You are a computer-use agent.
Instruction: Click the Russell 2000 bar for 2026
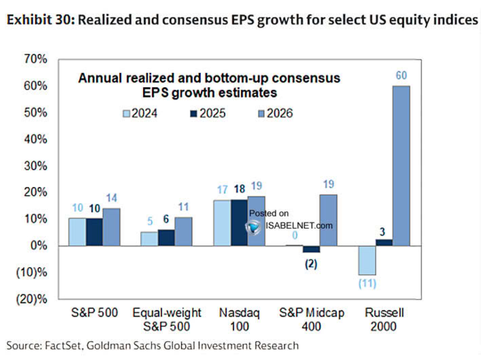tap(401, 166)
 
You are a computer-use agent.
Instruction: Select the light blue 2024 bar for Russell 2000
tap(367, 260)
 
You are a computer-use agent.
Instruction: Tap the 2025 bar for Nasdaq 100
tap(239, 223)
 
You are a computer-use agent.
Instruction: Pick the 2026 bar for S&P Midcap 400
tap(328, 220)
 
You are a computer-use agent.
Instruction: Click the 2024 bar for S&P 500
tap(78, 232)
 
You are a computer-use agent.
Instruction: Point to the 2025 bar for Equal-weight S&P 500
tap(166, 238)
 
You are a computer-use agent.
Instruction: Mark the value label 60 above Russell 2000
tap(401, 77)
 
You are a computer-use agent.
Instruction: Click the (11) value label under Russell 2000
tap(367, 283)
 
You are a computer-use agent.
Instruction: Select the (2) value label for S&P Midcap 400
tap(311, 263)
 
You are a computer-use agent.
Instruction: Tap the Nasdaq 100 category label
tap(239, 320)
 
